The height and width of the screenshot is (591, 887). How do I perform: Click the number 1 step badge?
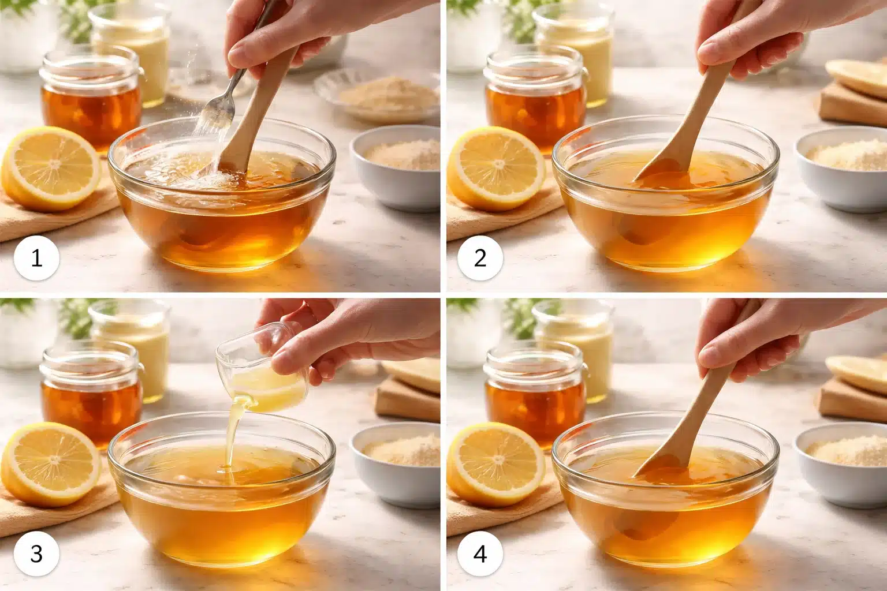point(36,258)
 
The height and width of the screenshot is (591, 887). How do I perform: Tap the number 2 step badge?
point(480,258)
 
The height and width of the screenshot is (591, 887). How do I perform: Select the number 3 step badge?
point(36,554)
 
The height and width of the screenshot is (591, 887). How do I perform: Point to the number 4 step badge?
point(480,554)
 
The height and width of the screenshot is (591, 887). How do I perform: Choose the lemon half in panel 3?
point(52,465)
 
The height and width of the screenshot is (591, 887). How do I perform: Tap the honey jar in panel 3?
point(91,392)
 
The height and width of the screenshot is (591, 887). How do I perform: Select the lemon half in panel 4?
point(495,465)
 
